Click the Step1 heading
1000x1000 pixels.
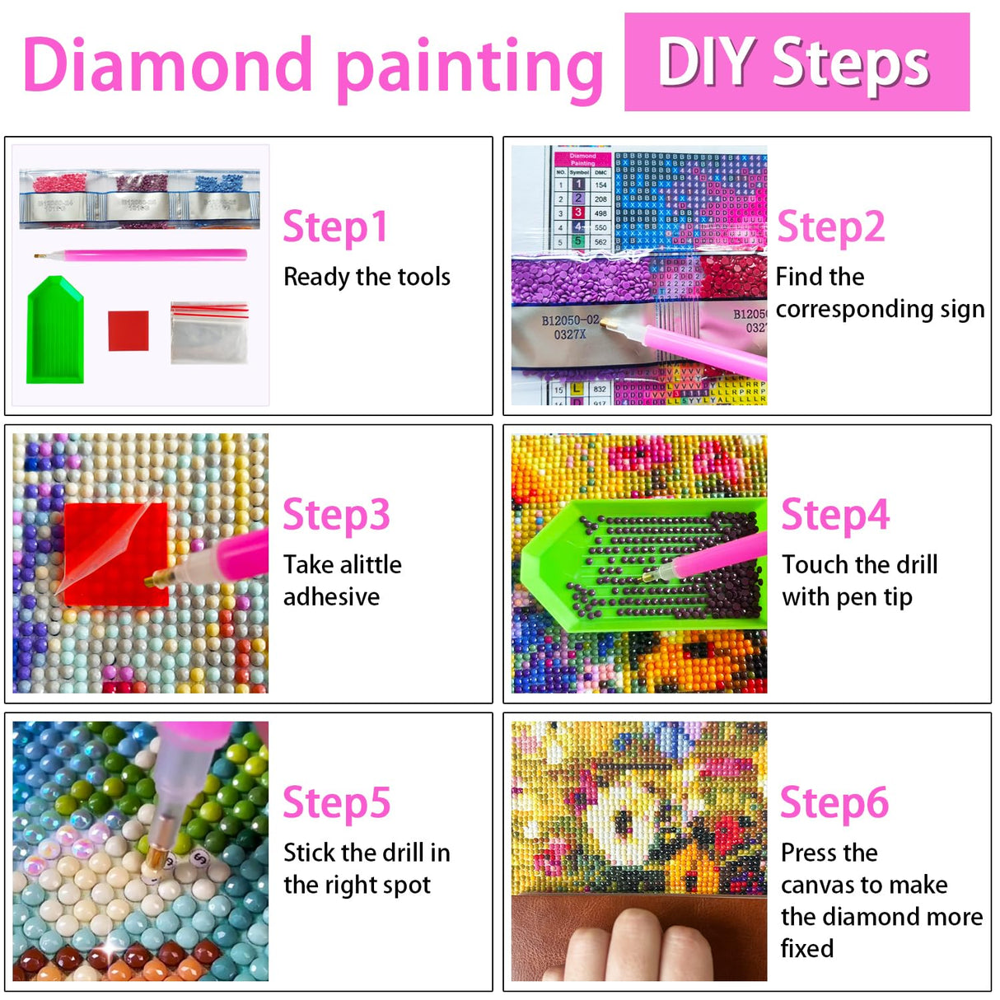pos(334,227)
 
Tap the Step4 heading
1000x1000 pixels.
pos(834,516)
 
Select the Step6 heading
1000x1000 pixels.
pos(834,803)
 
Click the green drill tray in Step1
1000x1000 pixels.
pos(55,332)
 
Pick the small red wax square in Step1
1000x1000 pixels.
pos(129,330)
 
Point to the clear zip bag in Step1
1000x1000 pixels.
pos(209,333)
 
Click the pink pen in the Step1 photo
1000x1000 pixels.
pos(140,255)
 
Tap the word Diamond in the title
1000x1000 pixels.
pos(168,66)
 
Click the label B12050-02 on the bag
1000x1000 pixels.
pos(570,320)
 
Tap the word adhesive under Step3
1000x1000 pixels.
pos(331,596)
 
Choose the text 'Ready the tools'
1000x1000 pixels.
pos(367,277)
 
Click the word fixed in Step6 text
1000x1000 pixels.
pos(806,949)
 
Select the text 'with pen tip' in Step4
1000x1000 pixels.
pos(847,597)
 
